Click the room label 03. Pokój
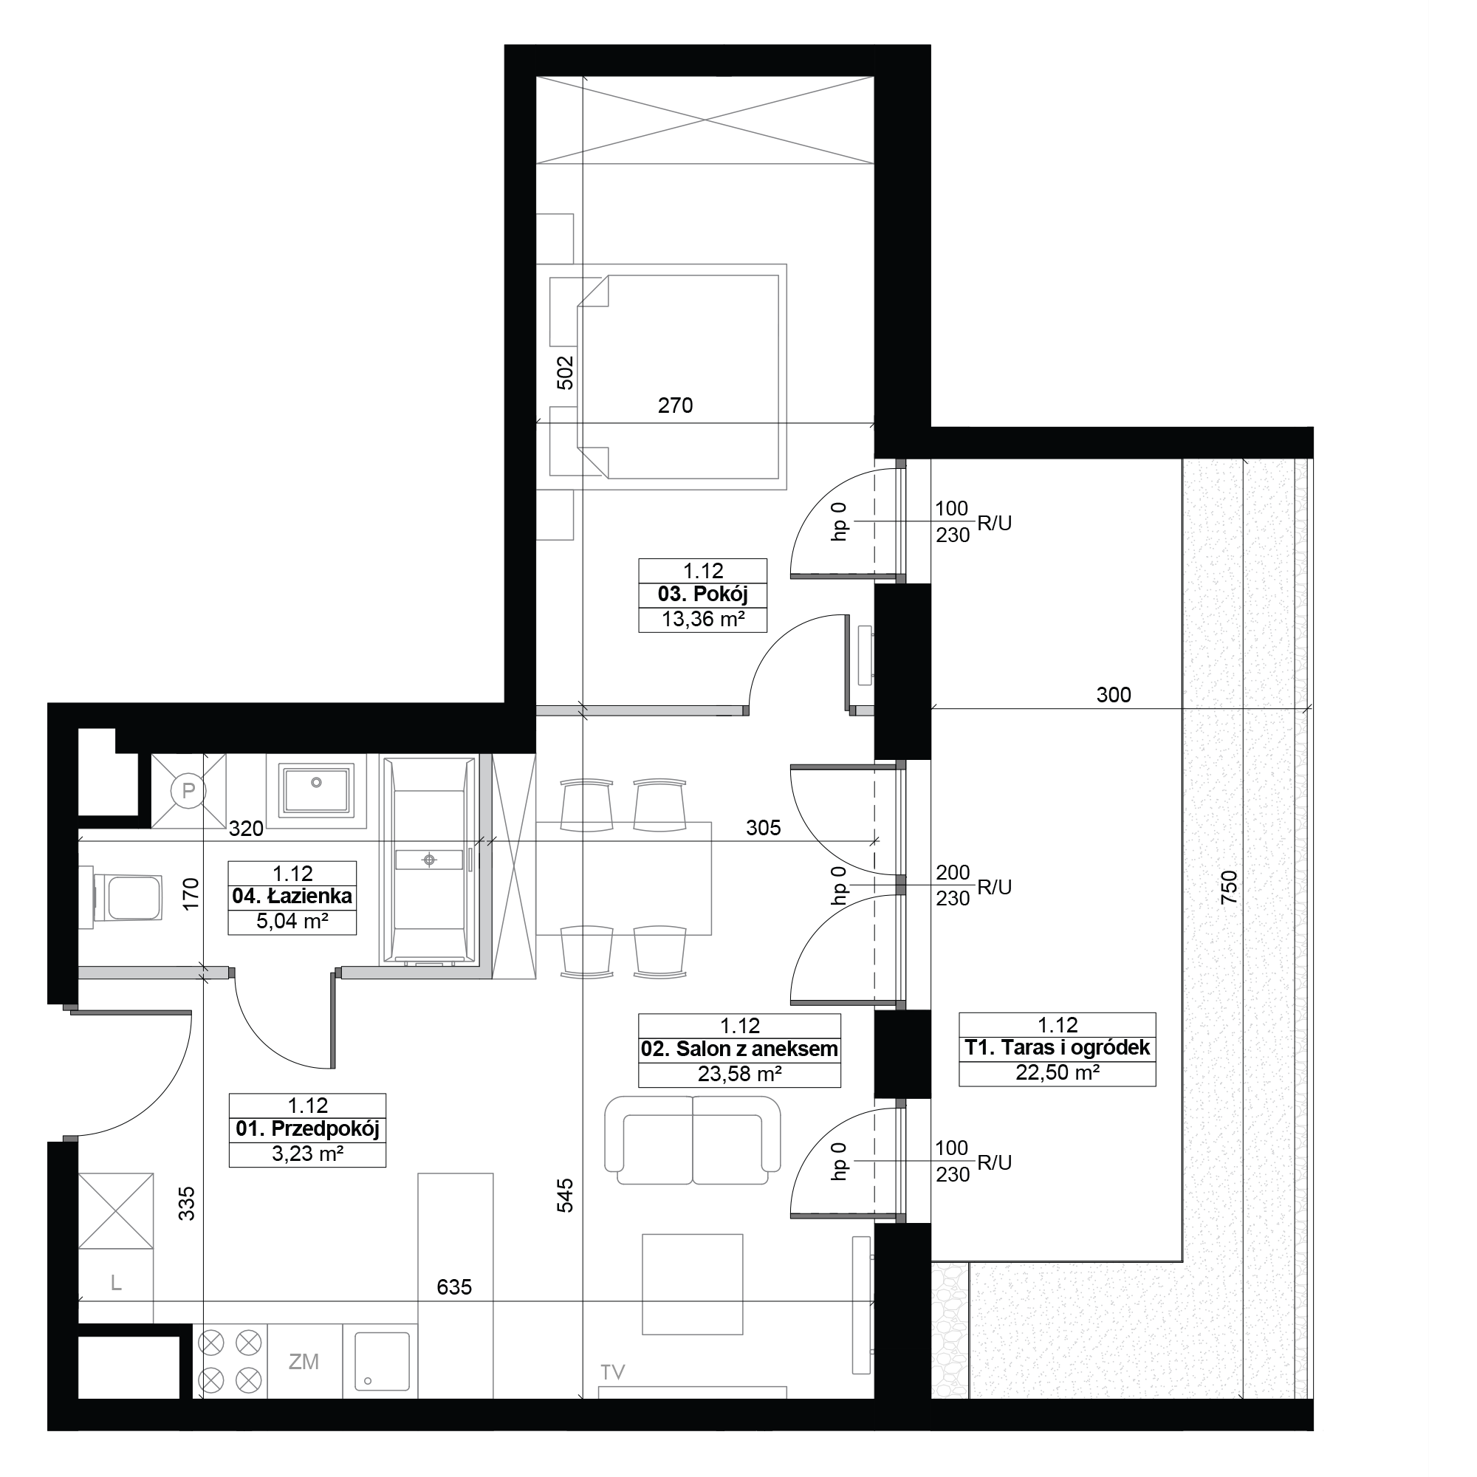(x=702, y=594)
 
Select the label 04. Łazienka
(x=292, y=896)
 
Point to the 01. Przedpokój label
(x=307, y=1128)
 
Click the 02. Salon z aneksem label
(x=739, y=1049)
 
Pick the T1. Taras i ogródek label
(x=1058, y=1047)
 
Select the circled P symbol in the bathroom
(x=188, y=790)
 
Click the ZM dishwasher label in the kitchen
(x=304, y=1362)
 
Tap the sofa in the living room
(x=693, y=1141)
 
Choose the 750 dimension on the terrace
(x=1230, y=888)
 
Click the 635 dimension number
(x=454, y=1287)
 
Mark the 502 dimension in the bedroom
(x=564, y=373)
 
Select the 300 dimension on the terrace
(x=1113, y=695)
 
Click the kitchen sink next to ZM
(x=382, y=1361)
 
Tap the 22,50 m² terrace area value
(x=1058, y=1072)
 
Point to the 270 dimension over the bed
(x=675, y=405)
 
